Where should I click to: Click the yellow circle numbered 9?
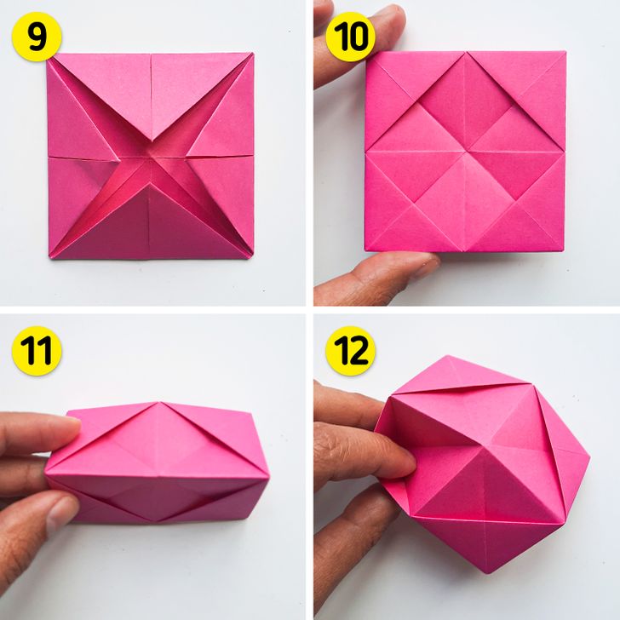37,37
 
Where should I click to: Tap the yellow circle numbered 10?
350,37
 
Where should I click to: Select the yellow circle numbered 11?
37,351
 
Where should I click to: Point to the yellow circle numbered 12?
350,351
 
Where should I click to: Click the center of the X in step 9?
152,155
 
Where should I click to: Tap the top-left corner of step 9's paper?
49,55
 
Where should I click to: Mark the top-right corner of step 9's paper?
253,54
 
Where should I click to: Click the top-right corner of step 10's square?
565,51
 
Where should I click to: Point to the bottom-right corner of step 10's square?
564,250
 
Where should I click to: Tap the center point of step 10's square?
466,152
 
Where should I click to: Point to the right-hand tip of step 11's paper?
269,479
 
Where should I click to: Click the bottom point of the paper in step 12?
487,573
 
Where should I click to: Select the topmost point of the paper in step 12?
448,356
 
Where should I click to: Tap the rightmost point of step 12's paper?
590,459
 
